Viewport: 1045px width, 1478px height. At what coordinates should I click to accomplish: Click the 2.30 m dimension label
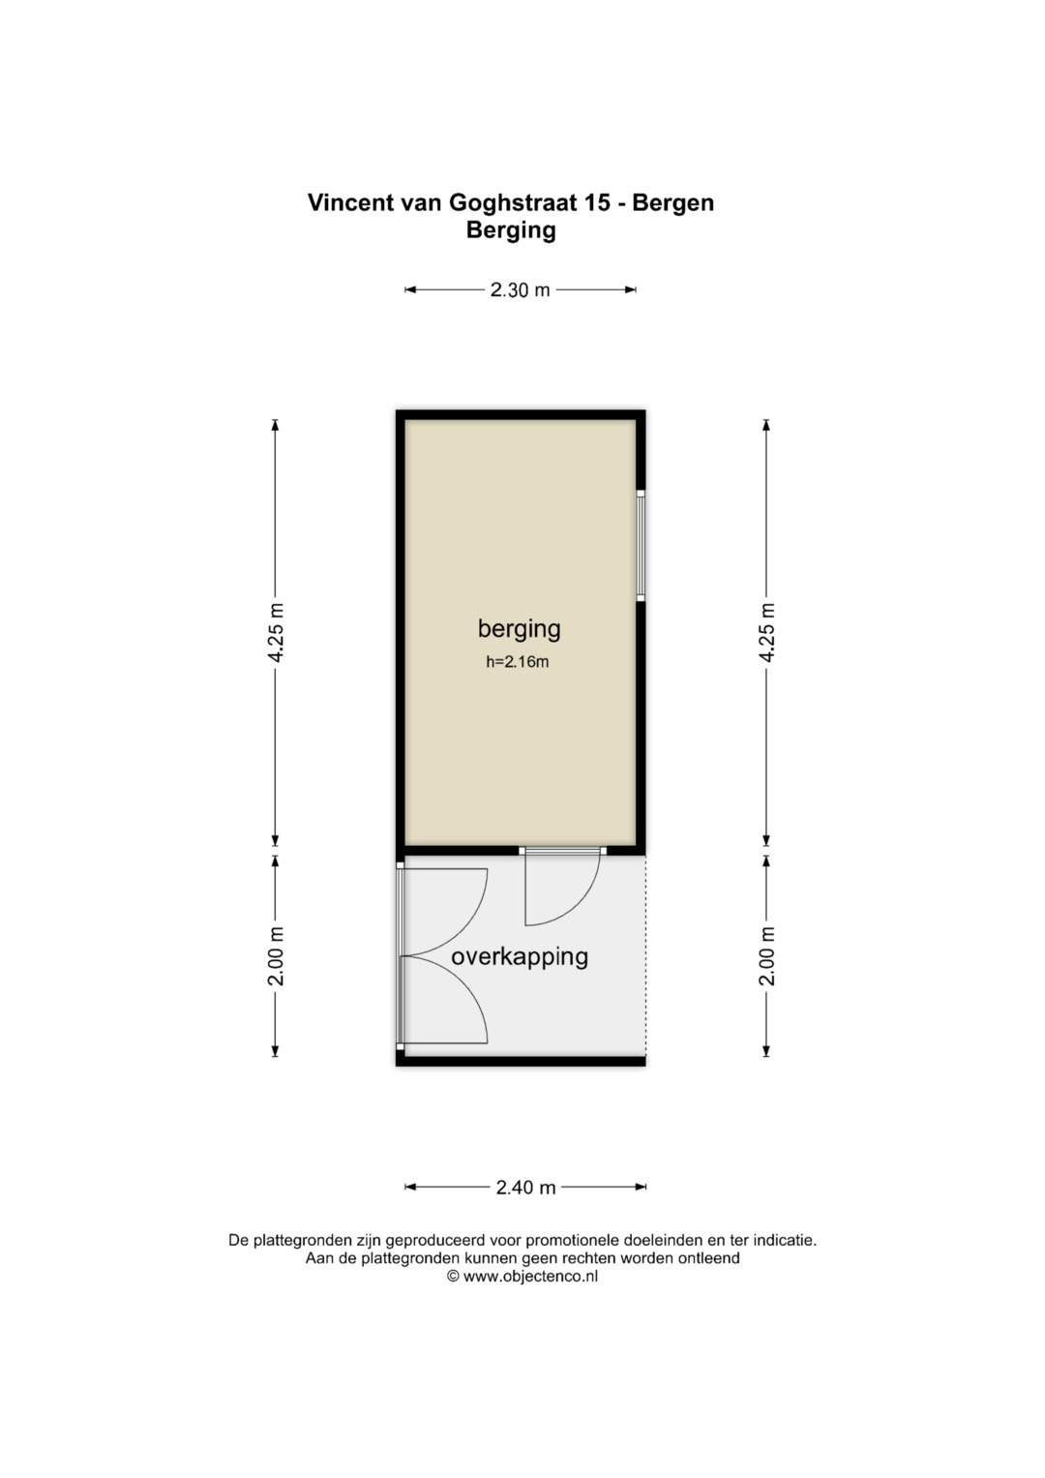(520, 289)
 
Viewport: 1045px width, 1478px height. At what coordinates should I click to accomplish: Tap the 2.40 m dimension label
(525, 1187)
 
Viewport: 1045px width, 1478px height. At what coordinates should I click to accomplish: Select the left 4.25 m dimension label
(276, 632)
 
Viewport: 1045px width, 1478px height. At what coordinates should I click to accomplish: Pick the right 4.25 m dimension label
(766, 632)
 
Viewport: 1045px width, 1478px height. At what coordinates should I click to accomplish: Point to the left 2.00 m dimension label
(276, 956)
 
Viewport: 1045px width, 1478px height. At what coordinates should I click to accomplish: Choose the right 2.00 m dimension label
(766, 956)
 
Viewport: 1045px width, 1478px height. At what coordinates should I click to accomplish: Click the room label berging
(520, 629)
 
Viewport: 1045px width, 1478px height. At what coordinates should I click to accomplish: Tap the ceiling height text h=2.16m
(518, 662)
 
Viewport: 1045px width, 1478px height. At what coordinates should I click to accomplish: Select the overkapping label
(520, 957)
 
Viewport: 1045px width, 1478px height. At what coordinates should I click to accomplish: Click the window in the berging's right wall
(641, 546)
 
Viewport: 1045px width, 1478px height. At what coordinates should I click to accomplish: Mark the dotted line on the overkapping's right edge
(646, 955)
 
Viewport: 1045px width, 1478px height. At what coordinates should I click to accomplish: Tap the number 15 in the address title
(596, 202)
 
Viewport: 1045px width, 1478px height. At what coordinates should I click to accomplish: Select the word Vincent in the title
(346, 202)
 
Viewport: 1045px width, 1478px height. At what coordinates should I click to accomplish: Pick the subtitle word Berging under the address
(511, 231)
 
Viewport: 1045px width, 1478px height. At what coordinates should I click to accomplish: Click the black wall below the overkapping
(521, 1061)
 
